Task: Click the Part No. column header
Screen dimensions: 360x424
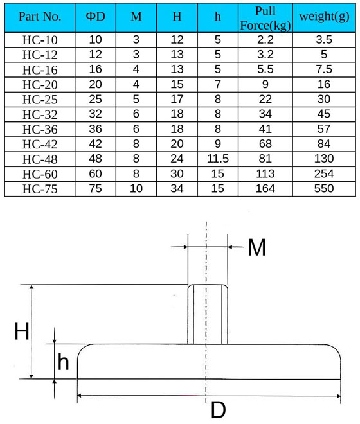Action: pyautogui.click(x=40, y=17)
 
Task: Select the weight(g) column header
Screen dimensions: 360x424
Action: pyautogui.click(x=324, y=17)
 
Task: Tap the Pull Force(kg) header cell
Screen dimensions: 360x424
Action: pyautogui.click(x=265, y=19)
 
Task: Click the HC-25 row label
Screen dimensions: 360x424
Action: pyautogui.click(x=40, y=100)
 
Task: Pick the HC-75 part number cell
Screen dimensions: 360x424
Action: pyautogui.click(x=40, y=189)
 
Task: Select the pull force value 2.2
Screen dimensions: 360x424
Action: pyautogui.click(x=265, y=40)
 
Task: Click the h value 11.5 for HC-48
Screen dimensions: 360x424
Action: pyautogui.click(x=218, y=159)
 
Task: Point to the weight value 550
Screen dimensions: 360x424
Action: pyautogui.click(x=324, y=188)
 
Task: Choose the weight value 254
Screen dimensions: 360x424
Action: pyautogui.click(x=324, y=173)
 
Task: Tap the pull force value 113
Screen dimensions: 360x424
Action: pyautogui.click(x=265, y=173)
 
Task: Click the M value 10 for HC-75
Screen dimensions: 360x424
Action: pyautogui.click(x=136, y=188)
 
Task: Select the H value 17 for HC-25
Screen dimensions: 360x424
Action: pyautogui.click(x=177, y=99)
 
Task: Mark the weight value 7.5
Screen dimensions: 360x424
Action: pyautogui.click(x=324, y=69)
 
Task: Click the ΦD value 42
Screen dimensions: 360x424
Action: pyautogui.click(x=95, y=144)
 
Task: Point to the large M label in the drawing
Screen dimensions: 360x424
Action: pyautogui.click(x=257, y=247)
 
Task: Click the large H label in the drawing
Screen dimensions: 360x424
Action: pyautogui.click(x=22, y=331)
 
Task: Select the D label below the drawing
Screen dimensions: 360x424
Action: pyautogui.click(x=218, y=410)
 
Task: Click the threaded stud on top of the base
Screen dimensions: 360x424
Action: pyautogui.click(x=208, y=314)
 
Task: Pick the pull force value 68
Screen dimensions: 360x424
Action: pyautogui.click(x=265, y=144)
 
